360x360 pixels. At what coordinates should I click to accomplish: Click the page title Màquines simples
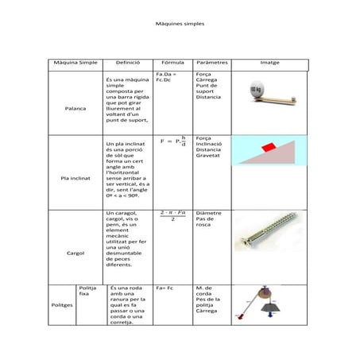(x=180, y=25)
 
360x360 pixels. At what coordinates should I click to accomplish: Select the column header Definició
(x=127, y=62)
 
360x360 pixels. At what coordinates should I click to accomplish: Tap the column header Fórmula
(x=172, y=62)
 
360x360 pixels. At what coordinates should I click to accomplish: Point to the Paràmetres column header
(x=212, y=62)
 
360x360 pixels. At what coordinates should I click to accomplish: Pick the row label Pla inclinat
(x=75, y=178)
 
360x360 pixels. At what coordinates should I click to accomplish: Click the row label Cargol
(x=75, y=253)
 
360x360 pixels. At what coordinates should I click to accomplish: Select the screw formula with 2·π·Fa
(x=172, y=216)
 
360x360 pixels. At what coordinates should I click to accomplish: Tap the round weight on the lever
(x=258, y=90)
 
